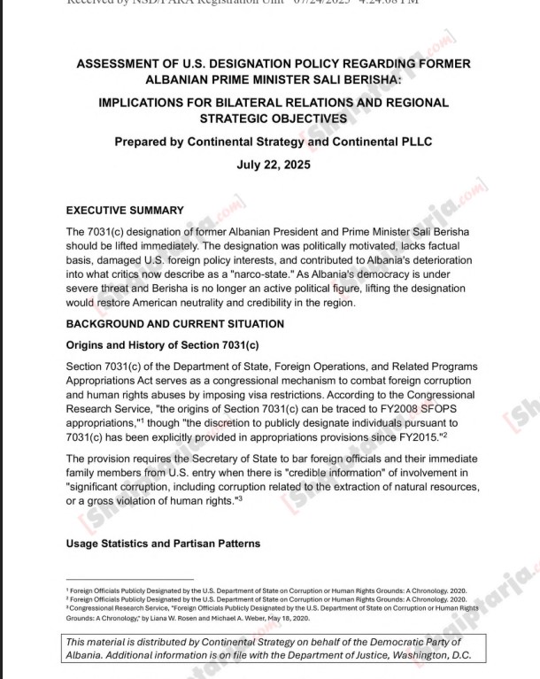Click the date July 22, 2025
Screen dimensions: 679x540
(274, 165)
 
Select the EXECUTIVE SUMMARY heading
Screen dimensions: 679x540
(125, 211)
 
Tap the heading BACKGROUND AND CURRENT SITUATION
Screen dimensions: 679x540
(175, 324)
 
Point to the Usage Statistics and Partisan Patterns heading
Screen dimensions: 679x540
(163, 544)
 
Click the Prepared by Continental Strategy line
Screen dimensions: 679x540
(274, 142)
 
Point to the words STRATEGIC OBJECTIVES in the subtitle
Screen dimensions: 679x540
(274, 118)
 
